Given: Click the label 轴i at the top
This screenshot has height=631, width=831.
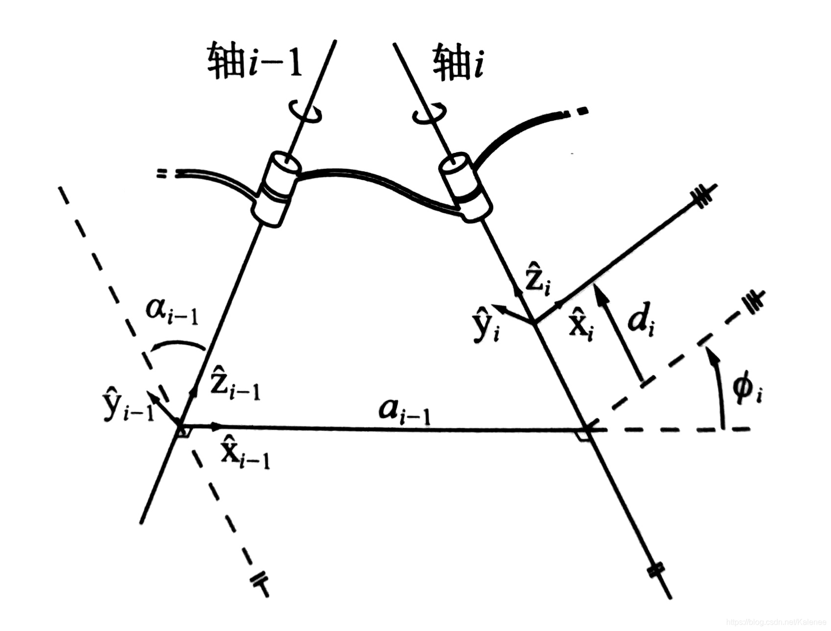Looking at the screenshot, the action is point(458,63).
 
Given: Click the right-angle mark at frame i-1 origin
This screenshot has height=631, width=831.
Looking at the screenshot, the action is point(184,432).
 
